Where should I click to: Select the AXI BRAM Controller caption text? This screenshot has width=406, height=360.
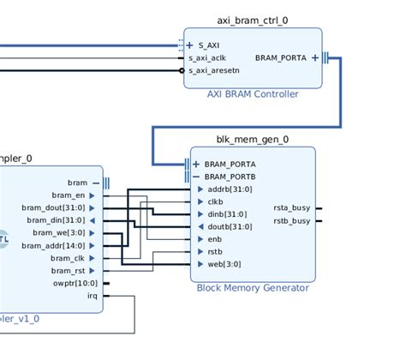(x=253, y=94)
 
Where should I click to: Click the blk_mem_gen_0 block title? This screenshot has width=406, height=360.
(x=252, y=140)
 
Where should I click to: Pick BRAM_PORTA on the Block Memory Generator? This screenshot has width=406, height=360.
(x=230, y=164)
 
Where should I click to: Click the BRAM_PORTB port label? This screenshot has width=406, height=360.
(x=230, y=177)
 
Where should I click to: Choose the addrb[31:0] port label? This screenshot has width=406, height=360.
(x=230, y=189)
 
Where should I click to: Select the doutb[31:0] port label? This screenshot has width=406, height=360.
(x=230, y=227)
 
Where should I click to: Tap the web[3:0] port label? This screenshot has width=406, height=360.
(x=224, y=264)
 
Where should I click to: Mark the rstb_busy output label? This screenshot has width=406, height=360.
(x=291, y=220)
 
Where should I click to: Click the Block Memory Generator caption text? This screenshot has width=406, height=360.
(x=253, y=288)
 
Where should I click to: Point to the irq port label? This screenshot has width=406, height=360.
(x=93, y=295)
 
